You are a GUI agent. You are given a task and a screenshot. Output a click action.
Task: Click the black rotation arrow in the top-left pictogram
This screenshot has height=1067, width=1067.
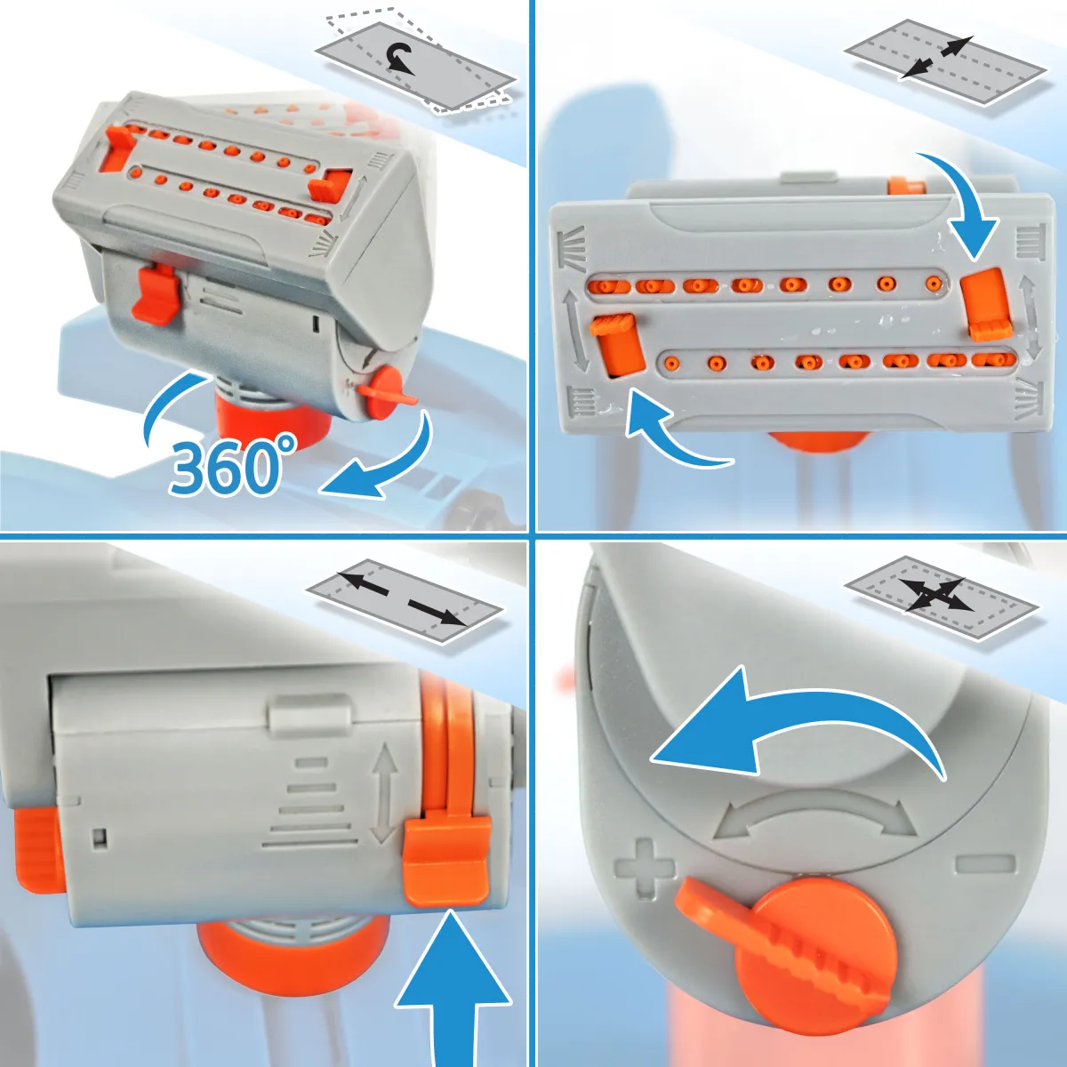pos(400,60)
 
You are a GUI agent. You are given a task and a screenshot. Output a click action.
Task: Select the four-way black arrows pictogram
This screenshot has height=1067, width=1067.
pos(937,594)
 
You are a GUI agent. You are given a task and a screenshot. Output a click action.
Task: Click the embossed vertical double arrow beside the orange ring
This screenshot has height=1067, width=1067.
pos(384,793)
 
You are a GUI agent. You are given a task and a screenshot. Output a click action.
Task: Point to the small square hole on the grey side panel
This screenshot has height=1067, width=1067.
pos(100,837)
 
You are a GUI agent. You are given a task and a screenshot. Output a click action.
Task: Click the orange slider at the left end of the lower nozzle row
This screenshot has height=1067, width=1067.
pos(617,343)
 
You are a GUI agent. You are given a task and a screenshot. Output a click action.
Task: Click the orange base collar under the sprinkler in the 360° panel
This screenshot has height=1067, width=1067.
pos(273,422)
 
